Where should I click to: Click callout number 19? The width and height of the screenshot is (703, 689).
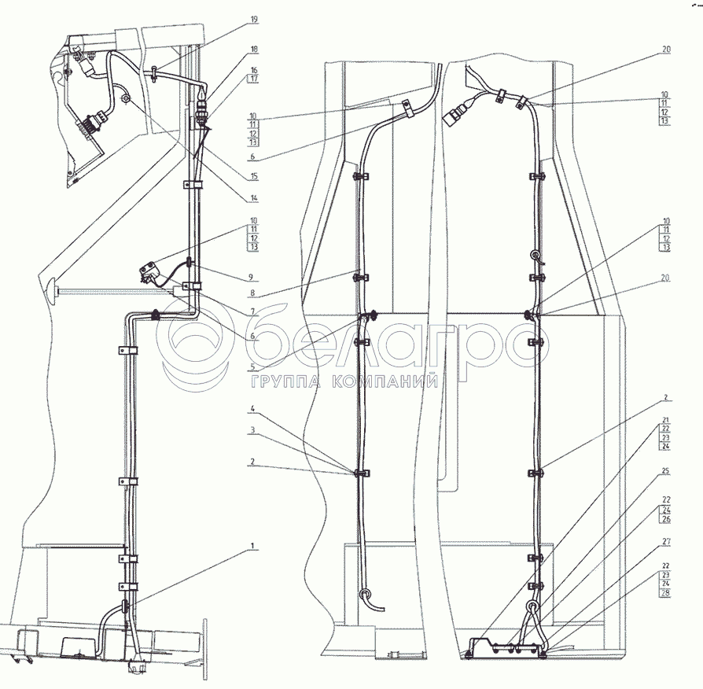[x=254, y=20]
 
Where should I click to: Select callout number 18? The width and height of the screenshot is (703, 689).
[x=254, y=50]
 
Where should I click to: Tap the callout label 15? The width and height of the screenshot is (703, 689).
[x=254, y=177]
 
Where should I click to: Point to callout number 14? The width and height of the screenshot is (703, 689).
[x=254, y=198]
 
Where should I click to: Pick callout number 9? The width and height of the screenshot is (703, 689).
[x=251, y=277]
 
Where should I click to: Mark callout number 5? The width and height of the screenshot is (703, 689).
[x=252, y=367]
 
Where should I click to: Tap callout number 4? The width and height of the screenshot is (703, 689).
[x=252, y=409]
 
